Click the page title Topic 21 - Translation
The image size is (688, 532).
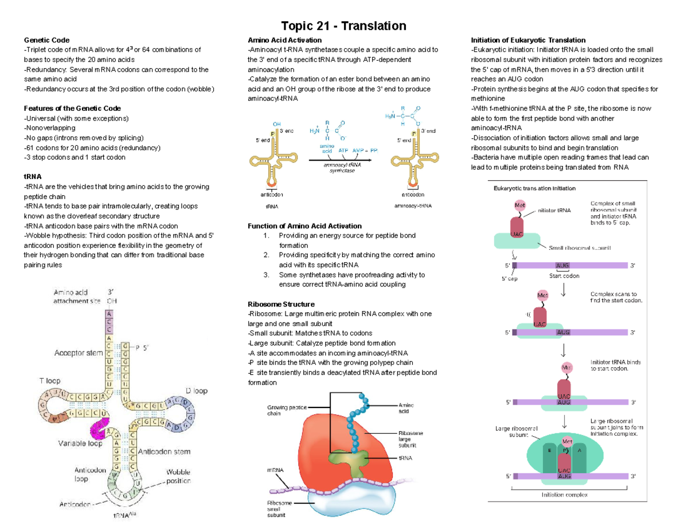(343, 26)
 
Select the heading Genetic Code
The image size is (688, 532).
(46, 40)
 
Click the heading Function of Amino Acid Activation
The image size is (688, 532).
(304, 226)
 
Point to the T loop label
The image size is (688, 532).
(49, 380)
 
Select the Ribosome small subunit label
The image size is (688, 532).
(279, 508)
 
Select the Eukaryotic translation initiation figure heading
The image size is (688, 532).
(532, 188)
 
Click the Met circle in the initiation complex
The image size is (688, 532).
(567, 441)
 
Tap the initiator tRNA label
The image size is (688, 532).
(554, 210)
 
